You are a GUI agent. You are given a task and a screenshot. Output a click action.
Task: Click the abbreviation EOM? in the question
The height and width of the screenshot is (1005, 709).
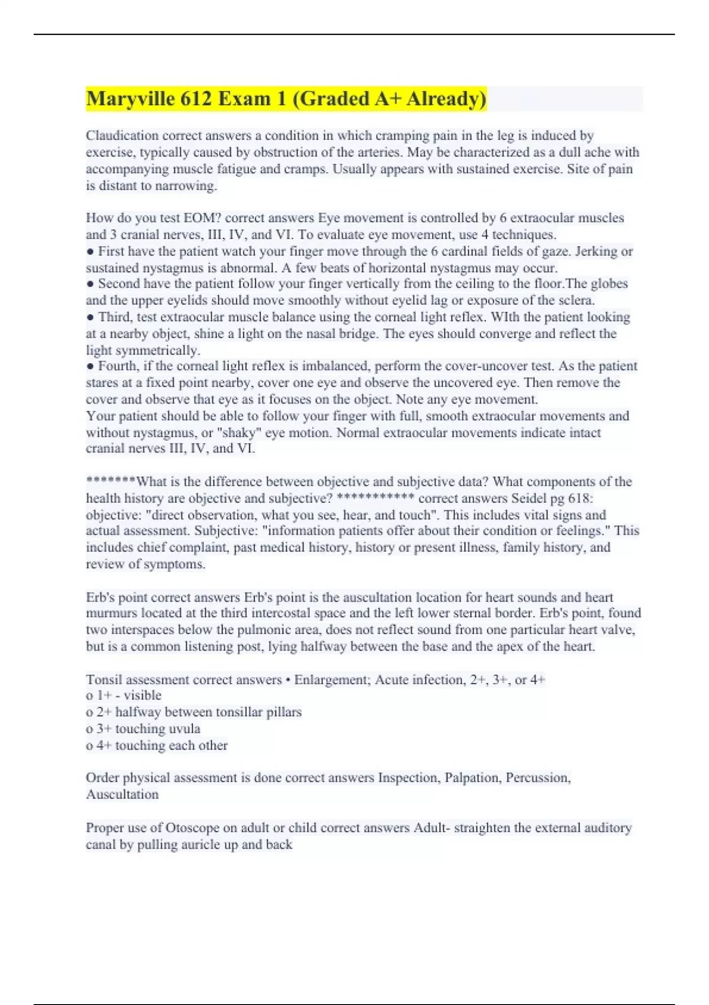click(201, 218)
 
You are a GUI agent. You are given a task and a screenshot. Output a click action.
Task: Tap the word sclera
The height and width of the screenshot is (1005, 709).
click(576, 300)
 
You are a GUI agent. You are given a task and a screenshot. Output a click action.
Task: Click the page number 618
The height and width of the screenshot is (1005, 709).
click(580, 498)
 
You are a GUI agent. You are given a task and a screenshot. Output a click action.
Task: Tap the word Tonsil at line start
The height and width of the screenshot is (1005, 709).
click(104, 680)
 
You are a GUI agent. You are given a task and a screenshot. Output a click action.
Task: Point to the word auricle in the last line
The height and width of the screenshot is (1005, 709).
click(201, 845)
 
